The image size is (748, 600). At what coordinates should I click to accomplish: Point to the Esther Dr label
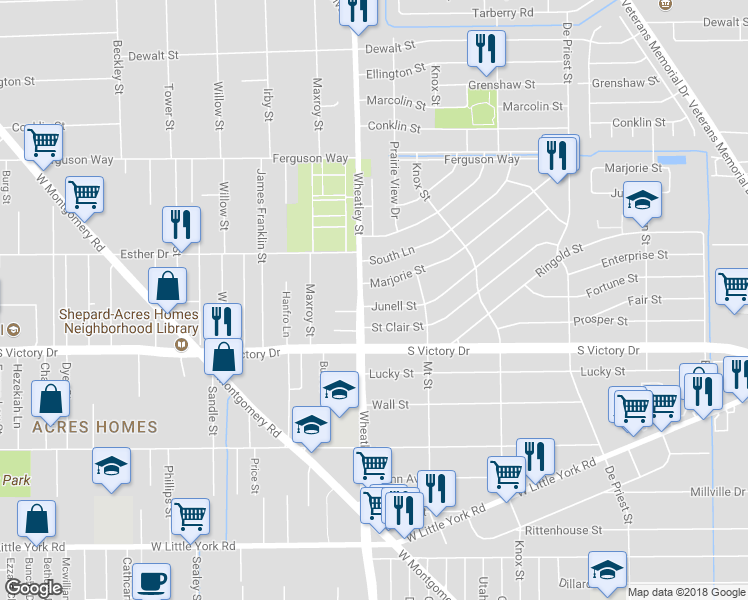[x=143, y=254]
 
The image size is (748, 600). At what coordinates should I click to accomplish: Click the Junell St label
[x=395, y=306]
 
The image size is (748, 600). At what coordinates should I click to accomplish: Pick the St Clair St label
[x=397, y=327]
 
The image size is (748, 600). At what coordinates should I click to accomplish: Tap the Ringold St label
[x=558, y=258]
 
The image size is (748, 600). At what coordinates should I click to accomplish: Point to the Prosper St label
[x=600, y=321]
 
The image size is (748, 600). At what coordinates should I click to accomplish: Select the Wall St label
[x=390, y=405]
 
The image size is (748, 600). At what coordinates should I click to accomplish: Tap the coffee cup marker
[x=151, y=580]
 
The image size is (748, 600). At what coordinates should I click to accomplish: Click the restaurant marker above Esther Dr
[x=181, y=223]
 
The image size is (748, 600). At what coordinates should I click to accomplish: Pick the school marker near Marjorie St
[x=642, y=201]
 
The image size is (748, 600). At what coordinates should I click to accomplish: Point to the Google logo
[x=33, y=588]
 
